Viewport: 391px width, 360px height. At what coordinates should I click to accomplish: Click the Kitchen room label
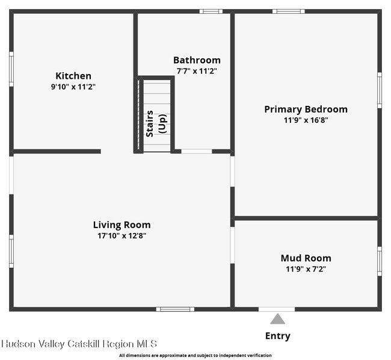[x=73, y=76]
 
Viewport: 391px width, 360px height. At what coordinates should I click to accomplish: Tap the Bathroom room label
[x=197, y=60]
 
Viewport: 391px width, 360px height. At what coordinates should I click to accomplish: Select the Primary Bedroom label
[x=306, y=109]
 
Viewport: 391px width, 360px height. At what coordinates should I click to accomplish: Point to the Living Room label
[x=122, y=225]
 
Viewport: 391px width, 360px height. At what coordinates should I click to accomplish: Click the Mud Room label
[x=306, y=258]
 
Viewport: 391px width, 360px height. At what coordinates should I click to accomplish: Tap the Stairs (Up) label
[x=155, y=123]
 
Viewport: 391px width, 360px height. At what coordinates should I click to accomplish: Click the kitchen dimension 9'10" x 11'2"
[x=73, y=87]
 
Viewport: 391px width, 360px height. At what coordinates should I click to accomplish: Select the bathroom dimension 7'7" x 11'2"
[x=197, y=71]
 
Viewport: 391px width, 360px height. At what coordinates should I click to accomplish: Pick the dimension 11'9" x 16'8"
[x=306, y=120]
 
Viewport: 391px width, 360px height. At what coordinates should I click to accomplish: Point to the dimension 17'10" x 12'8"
[x=122, y=235]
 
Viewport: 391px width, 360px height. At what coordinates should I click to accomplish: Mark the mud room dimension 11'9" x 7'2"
[x=306, y=269]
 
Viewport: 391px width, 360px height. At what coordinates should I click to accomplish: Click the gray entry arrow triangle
[x=277, y=318]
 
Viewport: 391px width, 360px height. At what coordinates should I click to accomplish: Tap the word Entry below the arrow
[x=277, y=336]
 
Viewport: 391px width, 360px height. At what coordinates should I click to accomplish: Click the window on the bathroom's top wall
[x=211, y=11]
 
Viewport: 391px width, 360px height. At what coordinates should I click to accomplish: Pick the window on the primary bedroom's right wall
[x=379, y=90]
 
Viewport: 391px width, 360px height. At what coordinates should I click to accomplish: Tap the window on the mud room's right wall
[x=379, y=261]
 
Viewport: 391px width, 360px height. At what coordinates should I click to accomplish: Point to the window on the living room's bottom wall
[x=174, y=309]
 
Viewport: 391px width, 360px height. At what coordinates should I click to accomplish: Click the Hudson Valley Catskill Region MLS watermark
[x=79, y=344]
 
